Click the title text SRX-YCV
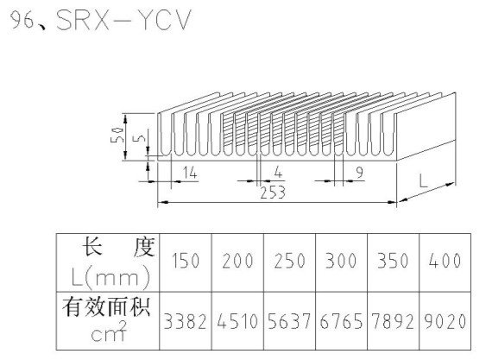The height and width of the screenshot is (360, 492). [x=123, y=20]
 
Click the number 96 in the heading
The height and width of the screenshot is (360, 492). [x=22, y=21]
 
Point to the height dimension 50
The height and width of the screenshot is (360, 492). [x=117, y=135]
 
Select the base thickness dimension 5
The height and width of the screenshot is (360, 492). [x=142, y=137]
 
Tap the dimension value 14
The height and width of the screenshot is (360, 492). [x=190, y=173]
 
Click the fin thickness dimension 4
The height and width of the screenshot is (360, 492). [x=278, y=173]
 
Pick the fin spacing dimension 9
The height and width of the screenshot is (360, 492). [x=360, y=173]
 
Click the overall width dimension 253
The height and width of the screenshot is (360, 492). [x=273, y=193]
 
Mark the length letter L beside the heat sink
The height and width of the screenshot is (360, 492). [x=424, y=180]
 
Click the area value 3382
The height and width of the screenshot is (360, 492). [x=185, y=321]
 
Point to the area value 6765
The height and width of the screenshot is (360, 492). [x=341, y=321]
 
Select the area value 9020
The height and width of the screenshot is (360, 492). [x=445, y=321]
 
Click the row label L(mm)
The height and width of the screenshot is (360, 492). [x=110, y=277]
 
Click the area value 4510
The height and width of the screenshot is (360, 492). [x=237, y=321]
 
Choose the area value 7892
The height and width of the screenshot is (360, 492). [x=393, y=321]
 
